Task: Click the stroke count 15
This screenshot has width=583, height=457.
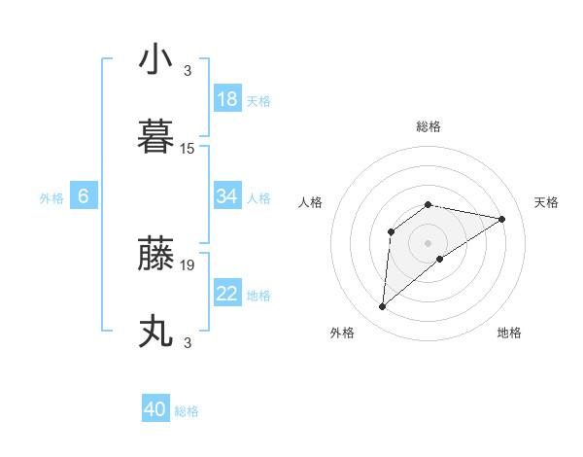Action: pos(188,149)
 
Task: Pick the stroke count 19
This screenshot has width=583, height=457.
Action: pos(188,264)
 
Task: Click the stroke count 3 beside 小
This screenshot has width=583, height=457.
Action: pos(188,70)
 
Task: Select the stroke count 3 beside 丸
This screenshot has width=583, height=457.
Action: pos(188,343)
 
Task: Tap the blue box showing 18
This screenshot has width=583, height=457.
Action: pos(227,99)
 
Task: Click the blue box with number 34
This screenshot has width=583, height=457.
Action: pos(227,196)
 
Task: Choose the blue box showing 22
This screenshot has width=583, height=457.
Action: pos(227,294)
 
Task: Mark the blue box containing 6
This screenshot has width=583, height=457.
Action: pos(84,196)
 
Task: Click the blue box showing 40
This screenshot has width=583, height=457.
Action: pos(155,410)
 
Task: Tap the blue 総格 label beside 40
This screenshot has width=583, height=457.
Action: pos(187,411)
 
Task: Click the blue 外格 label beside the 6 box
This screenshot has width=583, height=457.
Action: pos(51,198)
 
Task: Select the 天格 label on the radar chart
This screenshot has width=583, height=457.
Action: pos(546,202)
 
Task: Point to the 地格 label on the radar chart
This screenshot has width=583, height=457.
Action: pos(509,333)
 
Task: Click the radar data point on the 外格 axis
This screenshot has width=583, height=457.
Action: pos(382,307)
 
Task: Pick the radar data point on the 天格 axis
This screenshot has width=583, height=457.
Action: pos(501,219)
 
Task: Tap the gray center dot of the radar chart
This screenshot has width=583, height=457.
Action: pos(428,242)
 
